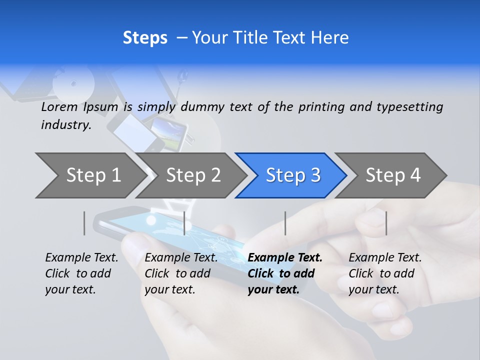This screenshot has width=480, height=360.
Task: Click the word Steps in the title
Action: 145,38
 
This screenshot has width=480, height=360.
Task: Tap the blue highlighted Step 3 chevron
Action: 293,175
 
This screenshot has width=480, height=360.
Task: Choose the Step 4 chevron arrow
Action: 393,175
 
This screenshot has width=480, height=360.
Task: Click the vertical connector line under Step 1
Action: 84,223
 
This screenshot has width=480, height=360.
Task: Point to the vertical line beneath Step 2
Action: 184,223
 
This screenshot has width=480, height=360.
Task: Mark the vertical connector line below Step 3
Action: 285,223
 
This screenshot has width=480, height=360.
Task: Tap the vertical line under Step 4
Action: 386,223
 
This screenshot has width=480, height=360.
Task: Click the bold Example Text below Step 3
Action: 285,273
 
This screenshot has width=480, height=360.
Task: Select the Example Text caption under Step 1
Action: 81,273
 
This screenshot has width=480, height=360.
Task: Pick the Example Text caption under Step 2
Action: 181,273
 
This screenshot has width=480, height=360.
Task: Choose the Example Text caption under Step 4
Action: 385,273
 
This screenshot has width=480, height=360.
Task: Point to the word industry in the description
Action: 66,125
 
